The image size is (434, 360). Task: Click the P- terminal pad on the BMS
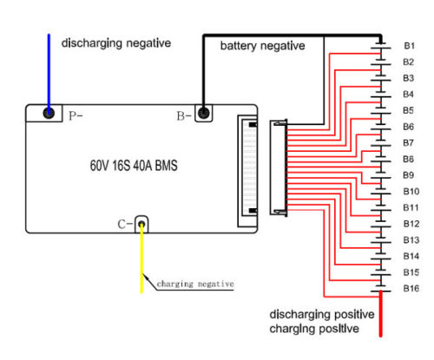coord(49,113)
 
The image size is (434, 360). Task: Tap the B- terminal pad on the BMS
coord(204,113)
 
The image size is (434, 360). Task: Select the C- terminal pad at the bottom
coord(141,224)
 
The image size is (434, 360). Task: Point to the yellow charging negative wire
coord(141,259)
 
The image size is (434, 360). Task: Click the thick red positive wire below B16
coord(381,314)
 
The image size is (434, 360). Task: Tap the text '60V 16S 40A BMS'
coord(134,166)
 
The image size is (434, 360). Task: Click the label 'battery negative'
coord(262,46)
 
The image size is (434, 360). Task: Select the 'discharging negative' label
coord(116,43)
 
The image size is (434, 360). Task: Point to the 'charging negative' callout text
coord(195,284)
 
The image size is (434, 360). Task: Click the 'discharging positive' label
coord(322,314)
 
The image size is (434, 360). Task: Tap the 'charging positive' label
coord(314,329)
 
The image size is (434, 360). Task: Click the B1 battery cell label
coord(409,46)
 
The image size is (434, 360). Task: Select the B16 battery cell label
coord(411,288)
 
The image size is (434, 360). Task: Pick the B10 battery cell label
coord(411,192)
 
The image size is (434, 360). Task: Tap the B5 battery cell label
coord(409,110)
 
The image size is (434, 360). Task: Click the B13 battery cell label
coord(411,240)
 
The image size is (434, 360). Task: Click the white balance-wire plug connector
coord(279,167)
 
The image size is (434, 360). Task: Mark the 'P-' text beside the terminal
coord(76,116)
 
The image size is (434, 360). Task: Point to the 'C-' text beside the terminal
coord(125,225)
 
